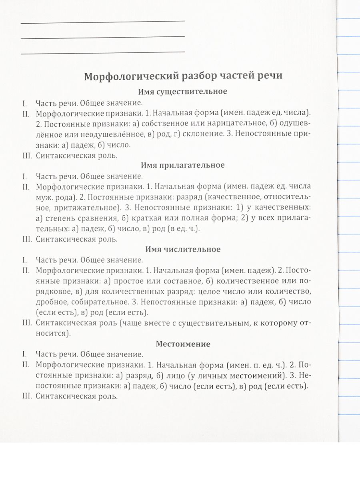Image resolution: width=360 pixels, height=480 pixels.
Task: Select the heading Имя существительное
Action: click(182, 92)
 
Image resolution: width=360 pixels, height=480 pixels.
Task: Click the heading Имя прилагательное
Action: click(183, 165)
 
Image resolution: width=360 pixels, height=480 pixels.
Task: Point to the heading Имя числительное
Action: click(182, 249)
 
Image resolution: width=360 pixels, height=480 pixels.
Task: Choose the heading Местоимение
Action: click(183, 344)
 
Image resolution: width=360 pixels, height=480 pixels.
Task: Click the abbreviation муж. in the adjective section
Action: click(44, 197)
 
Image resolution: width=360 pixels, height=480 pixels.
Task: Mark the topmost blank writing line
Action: click(103, 21)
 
